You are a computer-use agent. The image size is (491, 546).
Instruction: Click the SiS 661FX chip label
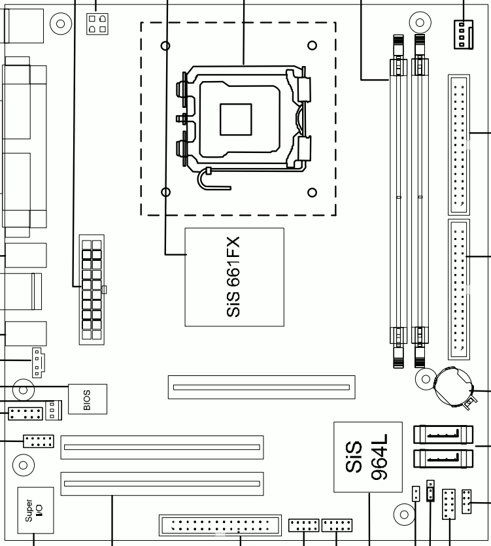pos(233,277)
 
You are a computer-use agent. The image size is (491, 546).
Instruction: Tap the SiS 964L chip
pos(368,457)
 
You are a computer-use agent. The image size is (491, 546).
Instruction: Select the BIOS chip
pos(88,399)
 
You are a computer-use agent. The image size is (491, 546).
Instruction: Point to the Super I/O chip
pos(35,510)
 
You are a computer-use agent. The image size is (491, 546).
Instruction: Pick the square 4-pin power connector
pos(97,24)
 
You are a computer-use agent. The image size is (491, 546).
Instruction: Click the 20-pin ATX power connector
pos(92,290)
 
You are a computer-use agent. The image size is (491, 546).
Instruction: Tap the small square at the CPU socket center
pos(236,120)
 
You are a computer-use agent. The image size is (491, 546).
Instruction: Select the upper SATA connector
pos(443,434)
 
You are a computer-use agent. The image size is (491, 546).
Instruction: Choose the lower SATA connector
pos(443,458)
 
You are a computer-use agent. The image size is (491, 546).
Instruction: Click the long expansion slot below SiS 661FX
pos(262,387)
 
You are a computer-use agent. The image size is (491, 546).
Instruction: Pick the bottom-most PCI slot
pos(162,484)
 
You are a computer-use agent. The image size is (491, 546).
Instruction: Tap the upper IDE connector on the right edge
pos(458,145)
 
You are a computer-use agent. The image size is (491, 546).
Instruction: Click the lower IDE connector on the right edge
pos(458,290)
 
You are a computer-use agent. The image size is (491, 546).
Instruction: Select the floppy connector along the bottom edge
pos(220,526)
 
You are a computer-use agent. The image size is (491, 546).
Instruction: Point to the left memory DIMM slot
pos(398,201)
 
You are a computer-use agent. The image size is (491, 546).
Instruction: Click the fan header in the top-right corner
pos(464,35)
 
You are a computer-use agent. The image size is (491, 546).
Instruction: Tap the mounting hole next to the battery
pos(426,379)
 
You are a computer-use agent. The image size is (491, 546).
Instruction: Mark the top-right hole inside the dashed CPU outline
pos(312,45)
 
